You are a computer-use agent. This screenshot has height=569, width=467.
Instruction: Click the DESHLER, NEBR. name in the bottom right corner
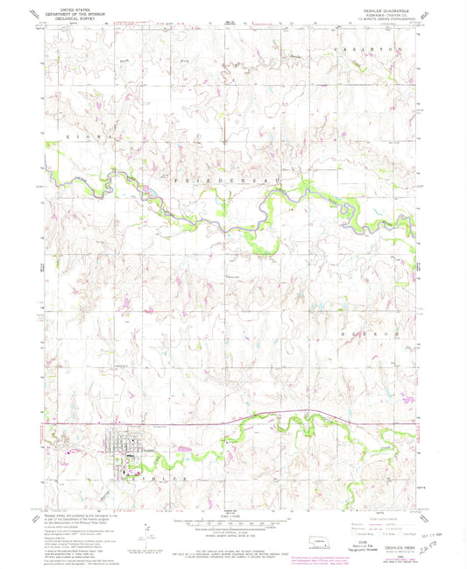point(406,538)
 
